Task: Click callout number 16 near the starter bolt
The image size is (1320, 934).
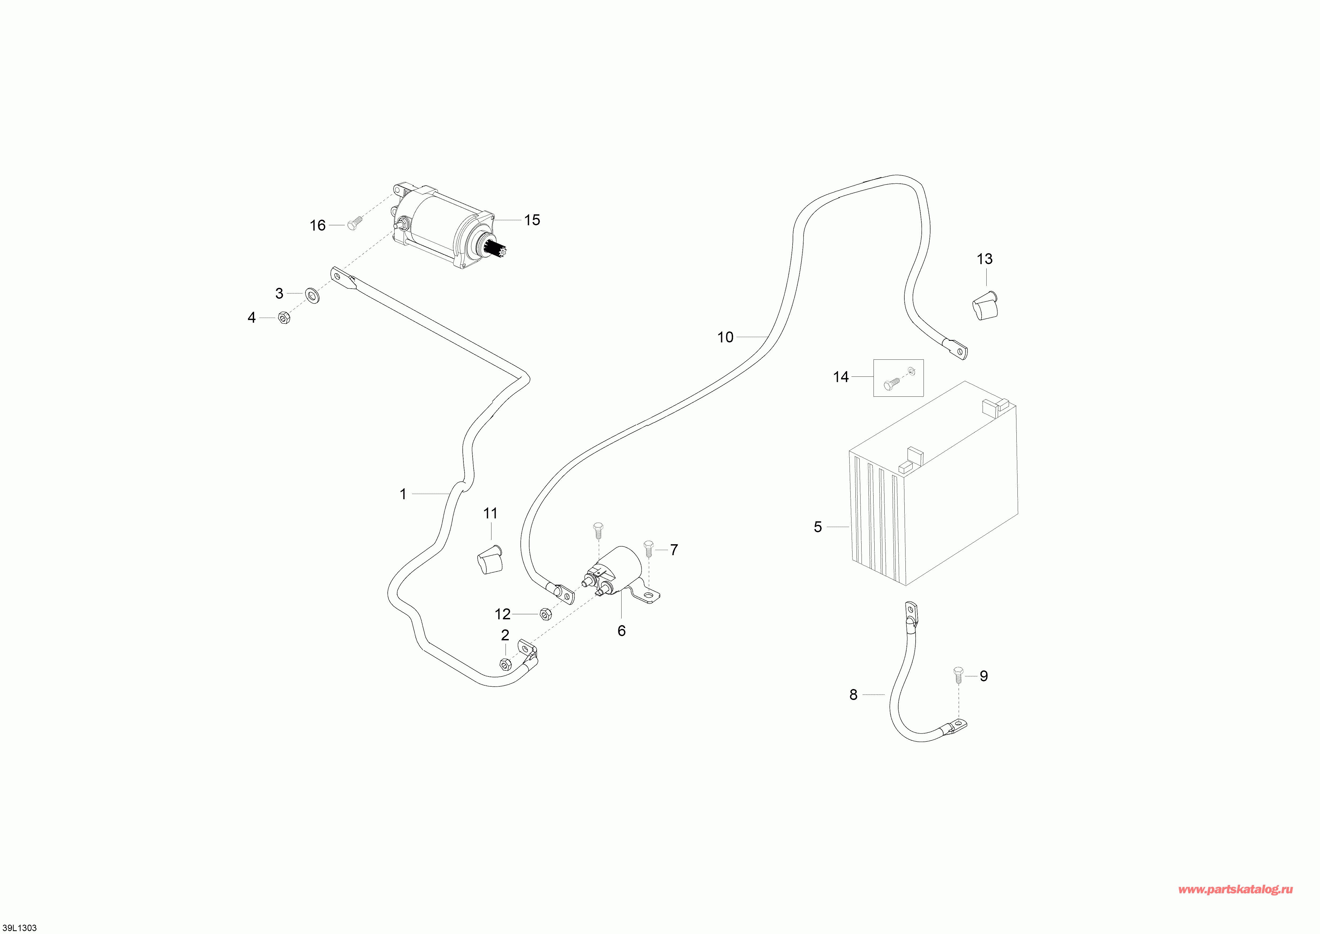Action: pos(317,226)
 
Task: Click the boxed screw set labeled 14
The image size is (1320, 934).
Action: pos(898,378)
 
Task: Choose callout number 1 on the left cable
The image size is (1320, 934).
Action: pos(403,494)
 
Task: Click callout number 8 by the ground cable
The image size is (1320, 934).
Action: pos(853,695)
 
